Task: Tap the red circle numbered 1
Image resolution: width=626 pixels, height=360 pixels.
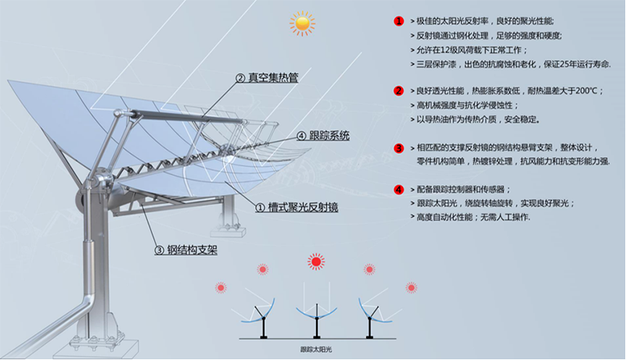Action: tap(398, 21)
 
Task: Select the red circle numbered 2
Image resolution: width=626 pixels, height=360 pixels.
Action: tap(398, 91)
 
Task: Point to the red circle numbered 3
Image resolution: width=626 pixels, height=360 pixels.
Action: tap(398, 147)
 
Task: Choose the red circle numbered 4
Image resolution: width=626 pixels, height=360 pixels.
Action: tap(398, 189)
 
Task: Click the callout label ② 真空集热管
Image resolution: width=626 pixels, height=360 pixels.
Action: tap(266, 78)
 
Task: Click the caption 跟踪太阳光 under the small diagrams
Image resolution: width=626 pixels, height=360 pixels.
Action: tap(316, 349)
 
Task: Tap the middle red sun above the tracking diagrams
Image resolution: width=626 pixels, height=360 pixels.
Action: tap(315, 260)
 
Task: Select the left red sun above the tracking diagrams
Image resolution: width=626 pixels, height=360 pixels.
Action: tap(262, 270)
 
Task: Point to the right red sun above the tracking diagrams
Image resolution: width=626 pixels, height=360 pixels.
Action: tap(369, 269)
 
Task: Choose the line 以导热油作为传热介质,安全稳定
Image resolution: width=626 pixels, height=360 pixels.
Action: tap(477, 120)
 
